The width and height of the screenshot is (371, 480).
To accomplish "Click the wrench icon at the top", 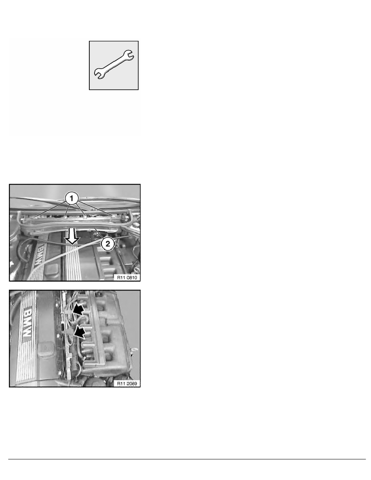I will point(114,65).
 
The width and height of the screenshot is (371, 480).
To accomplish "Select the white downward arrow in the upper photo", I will point(73,236).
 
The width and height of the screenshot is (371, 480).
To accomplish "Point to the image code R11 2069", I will point(128,383).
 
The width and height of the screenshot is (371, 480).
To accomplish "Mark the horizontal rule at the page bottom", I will point(185,459).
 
